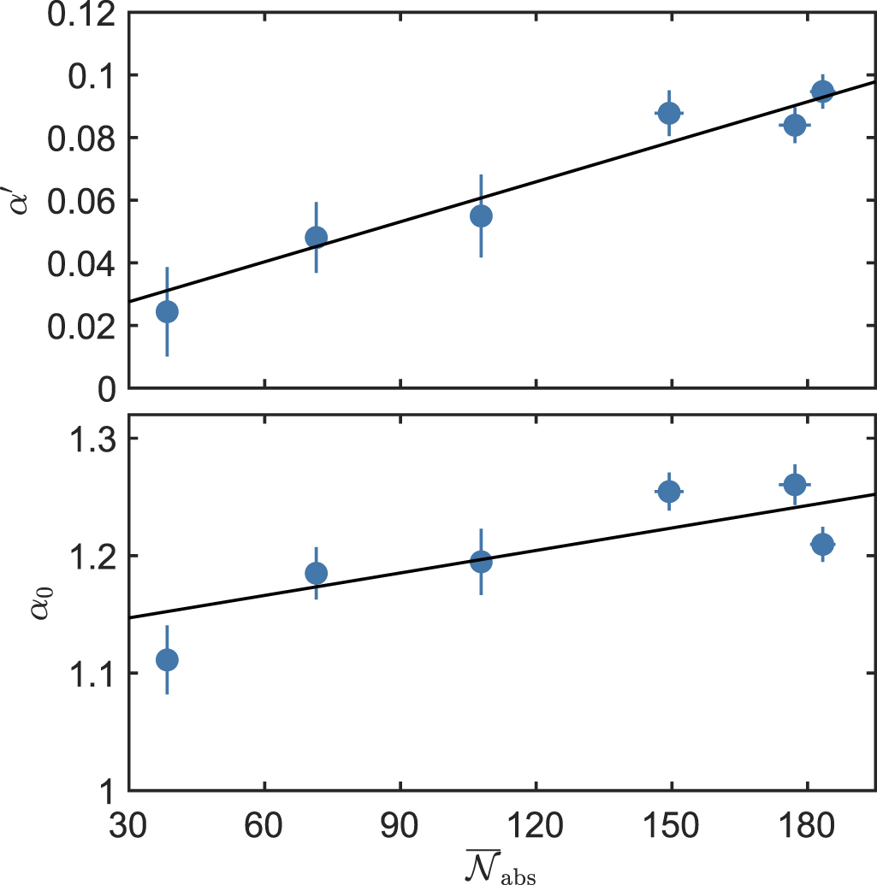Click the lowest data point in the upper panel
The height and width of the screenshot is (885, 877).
click(167, 311)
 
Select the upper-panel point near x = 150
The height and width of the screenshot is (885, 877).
click(668, 113)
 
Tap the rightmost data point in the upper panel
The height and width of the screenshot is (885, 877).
click(822, 91)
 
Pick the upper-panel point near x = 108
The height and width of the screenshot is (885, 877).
click(481, 215)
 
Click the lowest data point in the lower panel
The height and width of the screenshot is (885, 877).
click(167, 659)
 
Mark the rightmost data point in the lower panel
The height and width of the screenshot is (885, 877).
click(822, 544)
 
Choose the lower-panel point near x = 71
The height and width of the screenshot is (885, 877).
click(316, 572)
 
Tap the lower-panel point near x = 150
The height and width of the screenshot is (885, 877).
click(668, 491)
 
